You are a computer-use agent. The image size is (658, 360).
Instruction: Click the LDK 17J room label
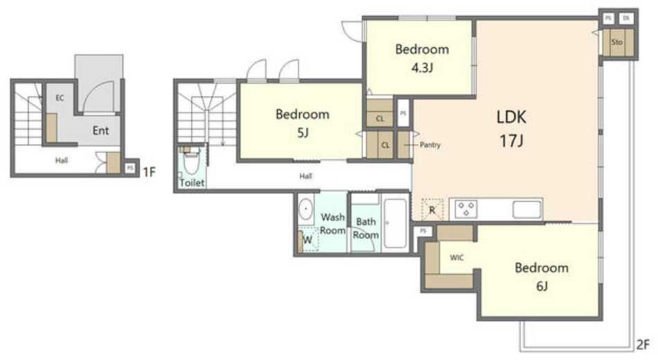click(511, 128)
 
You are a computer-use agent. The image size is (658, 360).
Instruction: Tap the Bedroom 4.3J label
click(423, 58)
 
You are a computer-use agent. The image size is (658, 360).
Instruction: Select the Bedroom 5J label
click(303, 123)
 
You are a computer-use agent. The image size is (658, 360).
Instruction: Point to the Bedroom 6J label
click(542, 276)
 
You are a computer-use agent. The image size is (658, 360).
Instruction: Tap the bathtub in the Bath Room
click(395, 223)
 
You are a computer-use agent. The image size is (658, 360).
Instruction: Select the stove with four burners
click(466, 209)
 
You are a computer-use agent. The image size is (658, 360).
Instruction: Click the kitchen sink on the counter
click(526, 209)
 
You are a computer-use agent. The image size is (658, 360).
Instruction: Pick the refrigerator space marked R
click(432, 209)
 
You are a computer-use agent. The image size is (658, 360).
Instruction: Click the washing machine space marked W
click(308, 240)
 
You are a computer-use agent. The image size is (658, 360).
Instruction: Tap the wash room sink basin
click(305, 208)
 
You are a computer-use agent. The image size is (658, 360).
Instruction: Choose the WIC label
click(456, 258)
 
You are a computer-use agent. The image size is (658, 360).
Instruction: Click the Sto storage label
click(617, 42)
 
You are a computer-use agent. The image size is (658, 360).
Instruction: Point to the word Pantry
click(430, 145)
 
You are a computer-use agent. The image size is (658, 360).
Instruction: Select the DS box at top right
click(626, 18)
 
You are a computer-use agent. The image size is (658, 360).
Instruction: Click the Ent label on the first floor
click(100, 130)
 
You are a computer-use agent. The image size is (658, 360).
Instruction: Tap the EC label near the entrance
click(60, 98)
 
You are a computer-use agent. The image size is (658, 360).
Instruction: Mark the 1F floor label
click(150, 172)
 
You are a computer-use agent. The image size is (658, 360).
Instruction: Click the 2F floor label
click(643, 345)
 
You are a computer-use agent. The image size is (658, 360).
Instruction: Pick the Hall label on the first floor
click(62, 161)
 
